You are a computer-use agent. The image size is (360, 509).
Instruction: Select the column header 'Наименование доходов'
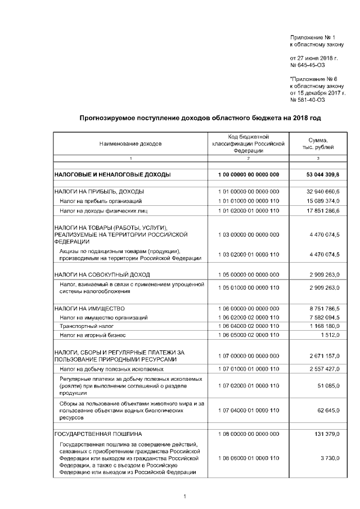coord(130,143)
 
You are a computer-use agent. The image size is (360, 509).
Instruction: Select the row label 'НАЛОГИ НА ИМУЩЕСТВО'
coord(89,309)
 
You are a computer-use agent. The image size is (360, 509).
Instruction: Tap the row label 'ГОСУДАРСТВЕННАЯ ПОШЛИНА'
coord(98,434)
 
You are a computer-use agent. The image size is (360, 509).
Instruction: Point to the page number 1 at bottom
coord(184,496)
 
